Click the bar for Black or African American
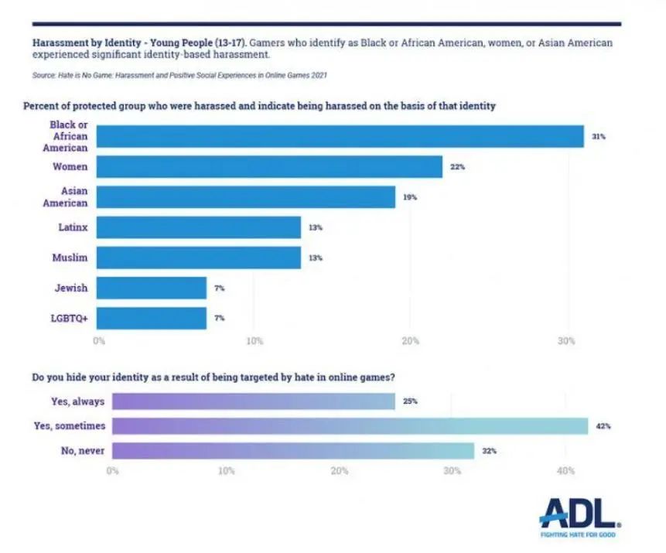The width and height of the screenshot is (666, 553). [340, 136]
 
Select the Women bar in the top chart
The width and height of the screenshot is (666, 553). [269, 167]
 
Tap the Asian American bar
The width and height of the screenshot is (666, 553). [246, 197]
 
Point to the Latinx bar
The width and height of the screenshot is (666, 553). [199, 227]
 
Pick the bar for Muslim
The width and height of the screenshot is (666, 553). [199, 258]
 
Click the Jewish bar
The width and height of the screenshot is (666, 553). [152, 288]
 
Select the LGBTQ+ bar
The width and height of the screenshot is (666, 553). [152, 319]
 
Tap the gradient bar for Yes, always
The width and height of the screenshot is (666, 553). [254, 401]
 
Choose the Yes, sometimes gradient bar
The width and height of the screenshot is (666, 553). [350, 425]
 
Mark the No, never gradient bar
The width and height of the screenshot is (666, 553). [293, 450]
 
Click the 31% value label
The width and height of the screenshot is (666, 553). [598, 137]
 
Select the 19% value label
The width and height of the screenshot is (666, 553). [409, 197]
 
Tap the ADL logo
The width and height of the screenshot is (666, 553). [579, 512]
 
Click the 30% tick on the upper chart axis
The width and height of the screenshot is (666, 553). [566, 340]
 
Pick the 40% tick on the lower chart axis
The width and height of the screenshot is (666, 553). [565, 470]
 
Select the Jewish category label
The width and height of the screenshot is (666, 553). [70, 288]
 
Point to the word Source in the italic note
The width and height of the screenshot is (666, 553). [42, 74]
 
